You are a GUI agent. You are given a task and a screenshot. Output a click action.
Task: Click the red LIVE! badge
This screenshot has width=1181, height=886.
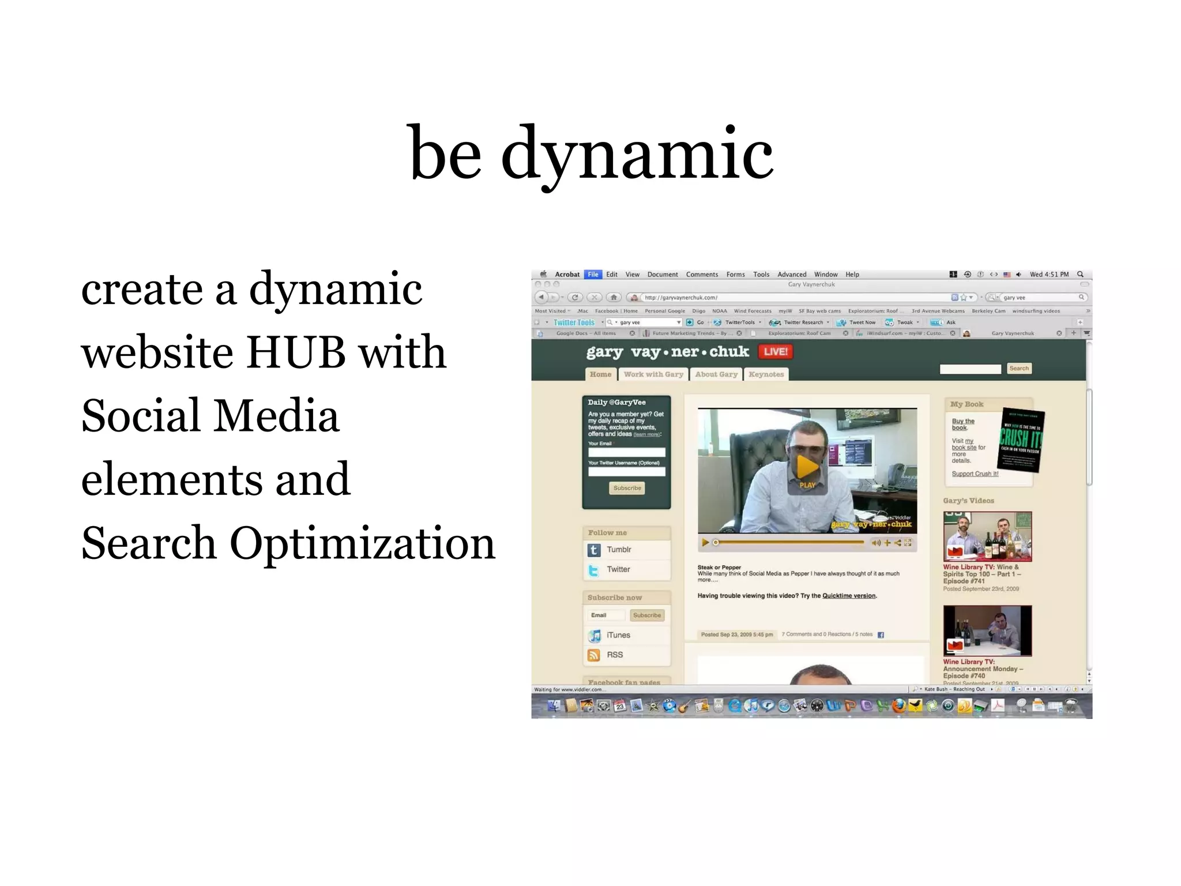pyautogui.click(x=776, y=351)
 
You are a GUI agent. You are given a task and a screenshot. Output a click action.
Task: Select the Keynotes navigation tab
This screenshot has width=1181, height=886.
pyautogui.click(x=766, y=374)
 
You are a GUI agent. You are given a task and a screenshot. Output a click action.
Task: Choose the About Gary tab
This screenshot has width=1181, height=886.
pyautogui.click(x=716, y=374)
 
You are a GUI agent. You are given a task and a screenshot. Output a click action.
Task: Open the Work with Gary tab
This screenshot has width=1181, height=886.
pyautogui.click(x=653, y=374)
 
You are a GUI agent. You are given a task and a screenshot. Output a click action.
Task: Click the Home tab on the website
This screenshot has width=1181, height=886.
pyautogui.click(x=600, y=374)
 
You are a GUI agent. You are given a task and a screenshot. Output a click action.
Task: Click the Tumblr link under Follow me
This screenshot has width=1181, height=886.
pyautogui.click(x=618, y=550)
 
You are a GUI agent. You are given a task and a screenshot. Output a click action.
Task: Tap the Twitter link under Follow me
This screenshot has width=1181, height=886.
pyautogui.click(x=618, y=569)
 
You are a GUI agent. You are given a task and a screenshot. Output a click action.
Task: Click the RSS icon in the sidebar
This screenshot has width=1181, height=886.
pyautogui.click(x=594, y=655)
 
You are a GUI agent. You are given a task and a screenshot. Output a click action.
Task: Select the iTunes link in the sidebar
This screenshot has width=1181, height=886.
pyautogui.click(x=618, y=635)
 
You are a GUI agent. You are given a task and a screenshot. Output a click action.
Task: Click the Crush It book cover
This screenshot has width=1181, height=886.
pyautogui.click(x=1020, y=440)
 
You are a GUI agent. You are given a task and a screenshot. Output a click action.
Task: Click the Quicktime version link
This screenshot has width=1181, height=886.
pyautogui.click(x=848, y=596)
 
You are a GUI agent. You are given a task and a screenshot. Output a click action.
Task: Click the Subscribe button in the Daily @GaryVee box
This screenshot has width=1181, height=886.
pyautogui.click(x=627, y=488)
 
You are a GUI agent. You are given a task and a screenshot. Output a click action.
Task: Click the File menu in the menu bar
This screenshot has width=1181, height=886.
pyautogui.click(x=593, y=275)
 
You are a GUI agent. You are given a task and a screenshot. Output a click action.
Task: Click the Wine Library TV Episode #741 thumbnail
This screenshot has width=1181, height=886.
pyautogui.click(x=987, y=536)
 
